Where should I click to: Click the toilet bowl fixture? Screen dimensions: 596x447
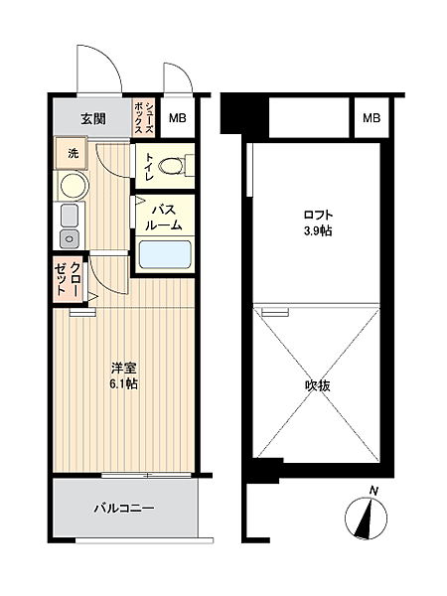pos(171,165)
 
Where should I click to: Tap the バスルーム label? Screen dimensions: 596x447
pos(165,217)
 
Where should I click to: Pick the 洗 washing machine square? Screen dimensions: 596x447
pos(73,154)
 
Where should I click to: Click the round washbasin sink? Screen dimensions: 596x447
pos(73,185)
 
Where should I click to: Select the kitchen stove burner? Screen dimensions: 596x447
pos(70,237)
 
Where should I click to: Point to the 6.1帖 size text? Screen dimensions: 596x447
pos(124,383)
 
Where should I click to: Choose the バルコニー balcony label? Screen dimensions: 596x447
pos(124,510)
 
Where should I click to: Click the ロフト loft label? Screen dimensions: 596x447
pos(318,215)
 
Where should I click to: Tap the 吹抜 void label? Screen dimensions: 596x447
pos(318,384)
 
